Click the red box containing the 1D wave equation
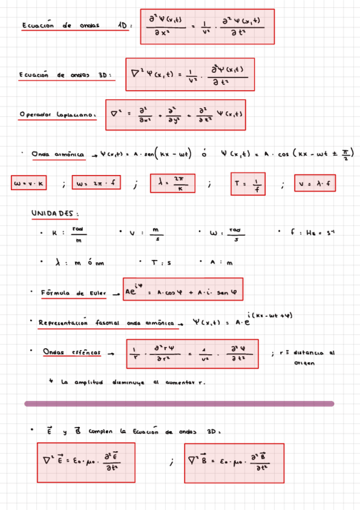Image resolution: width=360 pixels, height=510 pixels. [x=207, y=26]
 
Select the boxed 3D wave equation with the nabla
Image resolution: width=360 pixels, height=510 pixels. [x=190, y=75]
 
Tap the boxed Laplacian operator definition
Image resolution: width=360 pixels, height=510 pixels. [x=175, y=114]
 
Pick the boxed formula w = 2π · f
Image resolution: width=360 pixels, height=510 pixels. [x=96, y=184]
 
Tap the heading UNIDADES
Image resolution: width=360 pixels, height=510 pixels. [x=55, y=214]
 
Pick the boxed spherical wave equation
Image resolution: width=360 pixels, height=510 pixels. [x=192, y=354]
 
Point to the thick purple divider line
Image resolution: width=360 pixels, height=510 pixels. [x=179, y=404]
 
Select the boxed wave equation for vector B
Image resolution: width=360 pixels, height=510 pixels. [x=234, y=463]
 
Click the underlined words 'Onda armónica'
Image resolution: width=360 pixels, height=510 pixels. [x=59, y=154]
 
